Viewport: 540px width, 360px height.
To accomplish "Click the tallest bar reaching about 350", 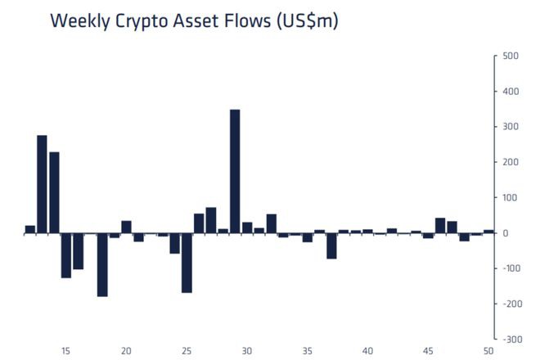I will (235, 171).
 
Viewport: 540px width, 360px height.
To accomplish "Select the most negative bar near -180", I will (102, 264).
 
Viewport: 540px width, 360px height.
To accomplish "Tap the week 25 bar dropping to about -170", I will (187, 263).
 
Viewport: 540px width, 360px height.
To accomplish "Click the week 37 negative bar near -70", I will (331, 245).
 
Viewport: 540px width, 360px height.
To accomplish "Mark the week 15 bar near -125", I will (66, 255).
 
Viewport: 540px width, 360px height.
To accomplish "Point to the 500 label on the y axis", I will (511, 56).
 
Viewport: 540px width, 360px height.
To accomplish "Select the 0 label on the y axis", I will (505, 233).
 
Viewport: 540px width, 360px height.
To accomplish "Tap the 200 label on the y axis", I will (511, 163).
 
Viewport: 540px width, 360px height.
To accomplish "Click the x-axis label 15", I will (65, 351).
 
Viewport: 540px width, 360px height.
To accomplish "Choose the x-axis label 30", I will (247, 351).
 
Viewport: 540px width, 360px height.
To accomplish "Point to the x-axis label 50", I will (488, 351).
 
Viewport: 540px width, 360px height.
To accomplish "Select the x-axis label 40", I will (367, 351).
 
